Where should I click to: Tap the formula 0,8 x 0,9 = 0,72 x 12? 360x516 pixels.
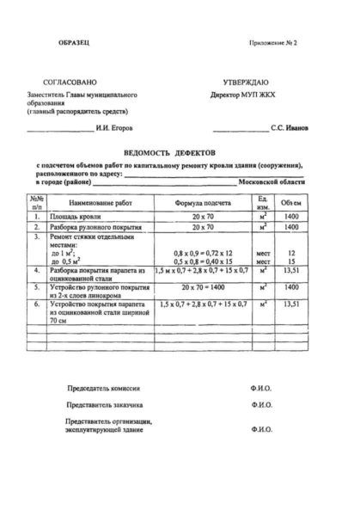tap(198, 253)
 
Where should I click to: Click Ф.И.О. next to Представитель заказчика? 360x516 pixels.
tap(262, 404)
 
